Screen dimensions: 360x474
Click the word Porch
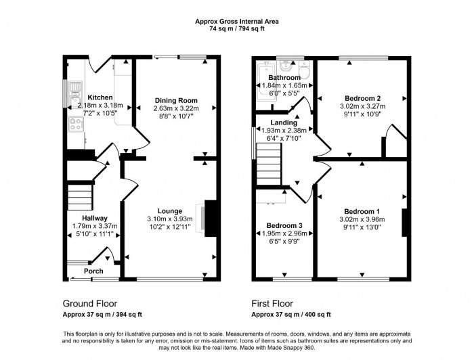click(93, 271)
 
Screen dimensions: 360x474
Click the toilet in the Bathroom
click(304, 69)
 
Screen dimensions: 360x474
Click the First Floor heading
click(272, 304)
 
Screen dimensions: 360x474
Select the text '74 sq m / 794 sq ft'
click(236, 29)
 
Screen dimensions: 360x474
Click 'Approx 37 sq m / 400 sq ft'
click(290, 315)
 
